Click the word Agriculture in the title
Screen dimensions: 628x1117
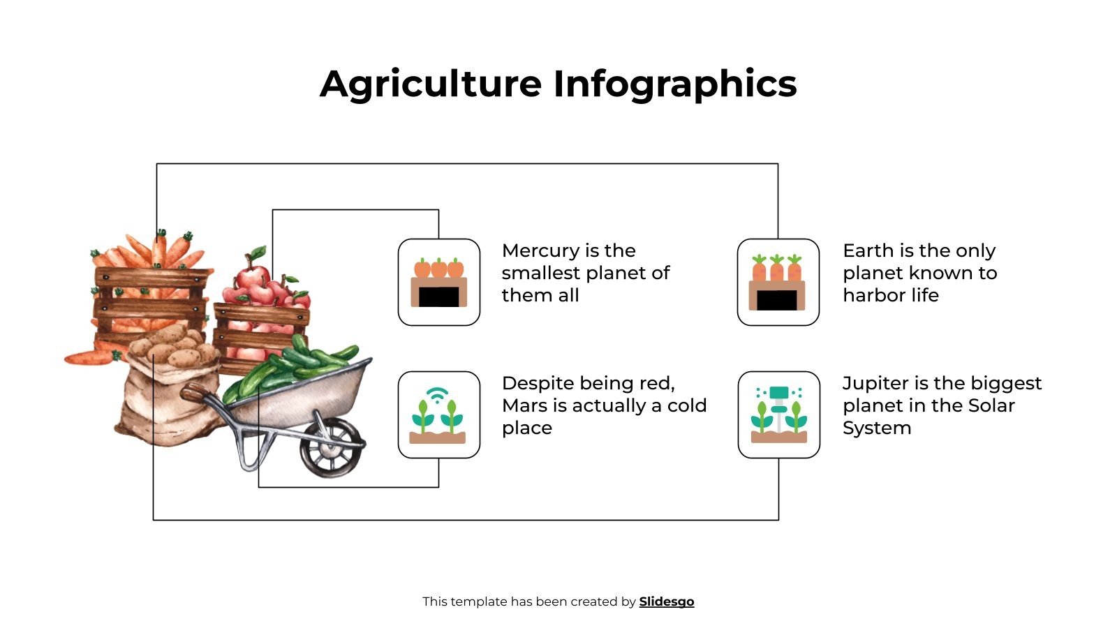tap(431, 84)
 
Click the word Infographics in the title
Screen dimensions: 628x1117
tap(675, 84)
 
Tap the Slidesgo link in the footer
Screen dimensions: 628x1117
tap(667, 601)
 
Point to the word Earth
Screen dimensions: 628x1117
tap(866, 251)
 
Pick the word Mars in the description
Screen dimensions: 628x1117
tap(521, 405)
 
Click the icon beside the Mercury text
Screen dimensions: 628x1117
tap(439, 282)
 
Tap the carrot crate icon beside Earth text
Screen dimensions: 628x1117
tap(778, 282)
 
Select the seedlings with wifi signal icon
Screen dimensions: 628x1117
tap(439, 414)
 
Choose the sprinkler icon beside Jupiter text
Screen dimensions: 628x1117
tap(779, 414)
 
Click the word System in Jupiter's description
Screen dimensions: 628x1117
tap(877, 428)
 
